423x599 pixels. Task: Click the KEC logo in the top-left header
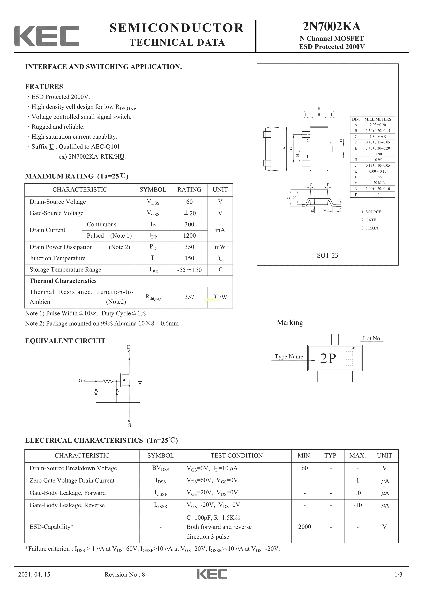click(46, 36)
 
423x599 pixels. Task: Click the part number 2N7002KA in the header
click(331, 26)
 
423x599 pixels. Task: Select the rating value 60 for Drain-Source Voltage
click(189, 202)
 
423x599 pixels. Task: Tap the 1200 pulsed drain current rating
click(189, 236)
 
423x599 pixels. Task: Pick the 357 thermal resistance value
click(189, 297)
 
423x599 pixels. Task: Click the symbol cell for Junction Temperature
click(153, 258)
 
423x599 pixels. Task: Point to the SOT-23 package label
click(327, 255)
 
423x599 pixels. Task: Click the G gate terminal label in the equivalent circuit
click(80, 381)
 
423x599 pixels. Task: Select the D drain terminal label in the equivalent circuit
click(129, 347)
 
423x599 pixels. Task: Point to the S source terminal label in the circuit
click(130, 425)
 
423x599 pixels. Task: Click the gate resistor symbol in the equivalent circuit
click(108, 381)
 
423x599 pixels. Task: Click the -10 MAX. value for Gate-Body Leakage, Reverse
click(357, 505)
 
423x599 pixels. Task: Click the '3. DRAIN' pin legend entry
click(370, 228)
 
